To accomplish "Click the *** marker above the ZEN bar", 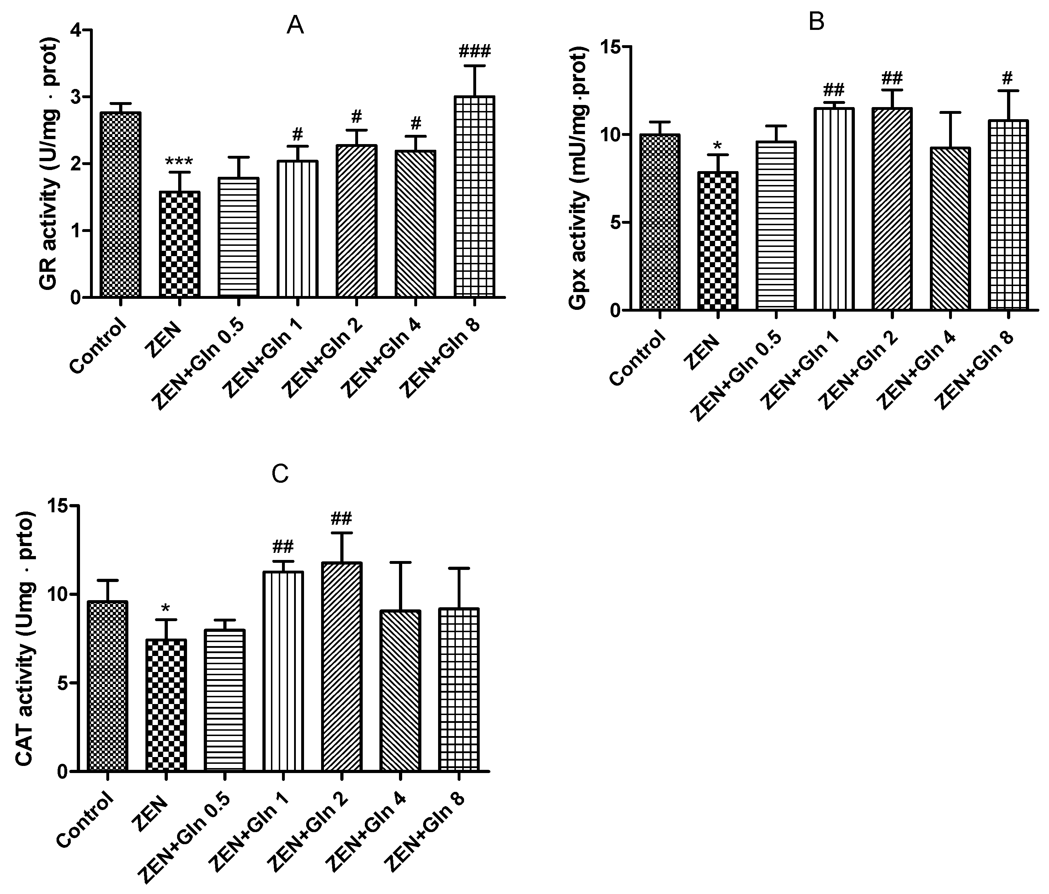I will (x=179, y=162).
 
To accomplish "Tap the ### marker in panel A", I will (x=474, y=51).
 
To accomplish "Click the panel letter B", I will (x=817, y=22).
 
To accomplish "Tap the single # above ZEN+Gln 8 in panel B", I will (x=1007, y=78).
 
